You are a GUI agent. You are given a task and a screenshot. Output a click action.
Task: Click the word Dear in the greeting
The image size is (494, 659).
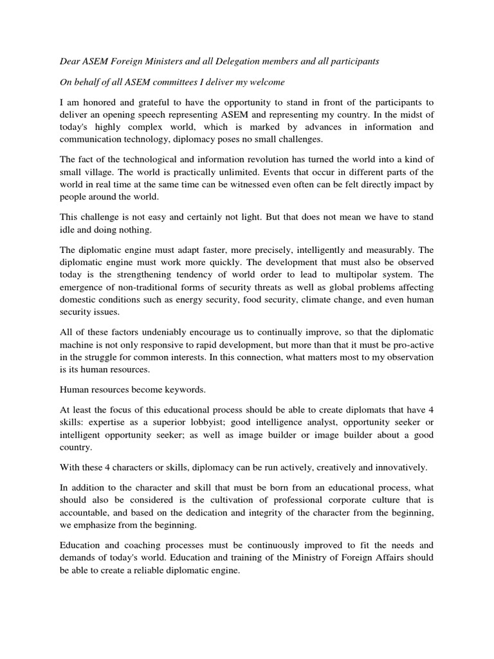point(62,61)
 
